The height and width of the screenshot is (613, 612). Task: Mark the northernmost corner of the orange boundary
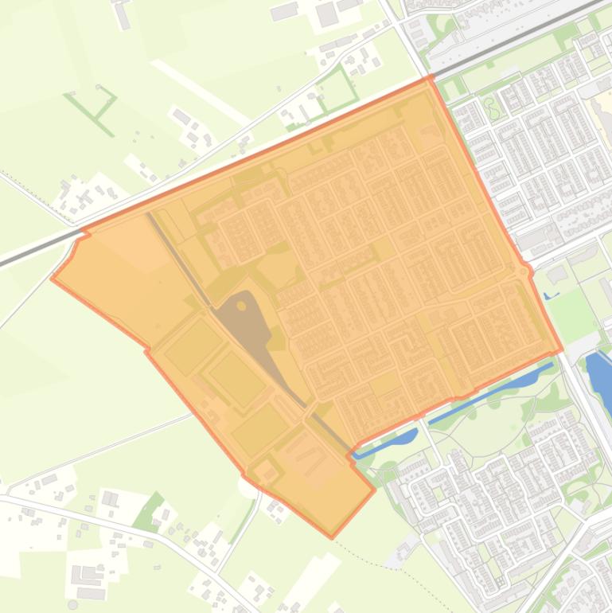pos(430,77)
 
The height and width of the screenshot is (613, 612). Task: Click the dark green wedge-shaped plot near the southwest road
pos(148,513)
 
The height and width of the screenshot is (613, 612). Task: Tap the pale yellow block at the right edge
pos(601,111)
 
